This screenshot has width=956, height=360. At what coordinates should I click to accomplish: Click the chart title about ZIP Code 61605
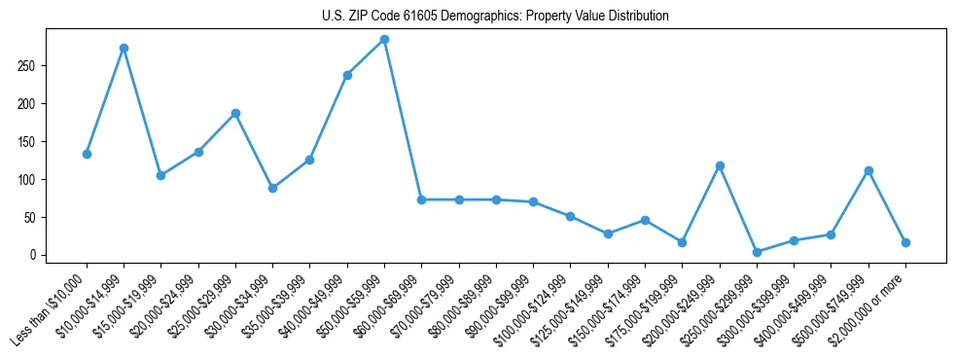pos(495,17)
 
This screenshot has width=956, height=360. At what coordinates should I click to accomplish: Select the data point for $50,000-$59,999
pos(384,40)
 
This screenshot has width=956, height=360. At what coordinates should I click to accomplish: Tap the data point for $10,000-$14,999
pos(124,48)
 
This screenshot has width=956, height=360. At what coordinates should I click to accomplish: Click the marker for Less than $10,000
pos(87,154)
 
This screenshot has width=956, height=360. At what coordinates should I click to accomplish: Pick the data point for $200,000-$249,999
pos(720,165)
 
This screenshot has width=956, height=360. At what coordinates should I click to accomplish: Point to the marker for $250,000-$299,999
pos(757,252)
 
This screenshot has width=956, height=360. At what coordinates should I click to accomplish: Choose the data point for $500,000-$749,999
pos(868,170)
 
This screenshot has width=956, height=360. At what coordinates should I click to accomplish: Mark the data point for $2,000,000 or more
pos(905,242)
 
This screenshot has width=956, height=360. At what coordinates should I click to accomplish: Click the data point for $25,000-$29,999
pos(235,113)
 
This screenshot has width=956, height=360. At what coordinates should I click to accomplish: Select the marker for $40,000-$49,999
pos(347,75)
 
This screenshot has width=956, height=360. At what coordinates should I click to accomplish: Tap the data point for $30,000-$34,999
pos(272,188)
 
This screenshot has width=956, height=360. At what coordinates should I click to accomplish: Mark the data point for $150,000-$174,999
pos(645,220)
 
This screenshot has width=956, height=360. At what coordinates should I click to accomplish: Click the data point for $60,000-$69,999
pos(421,199)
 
